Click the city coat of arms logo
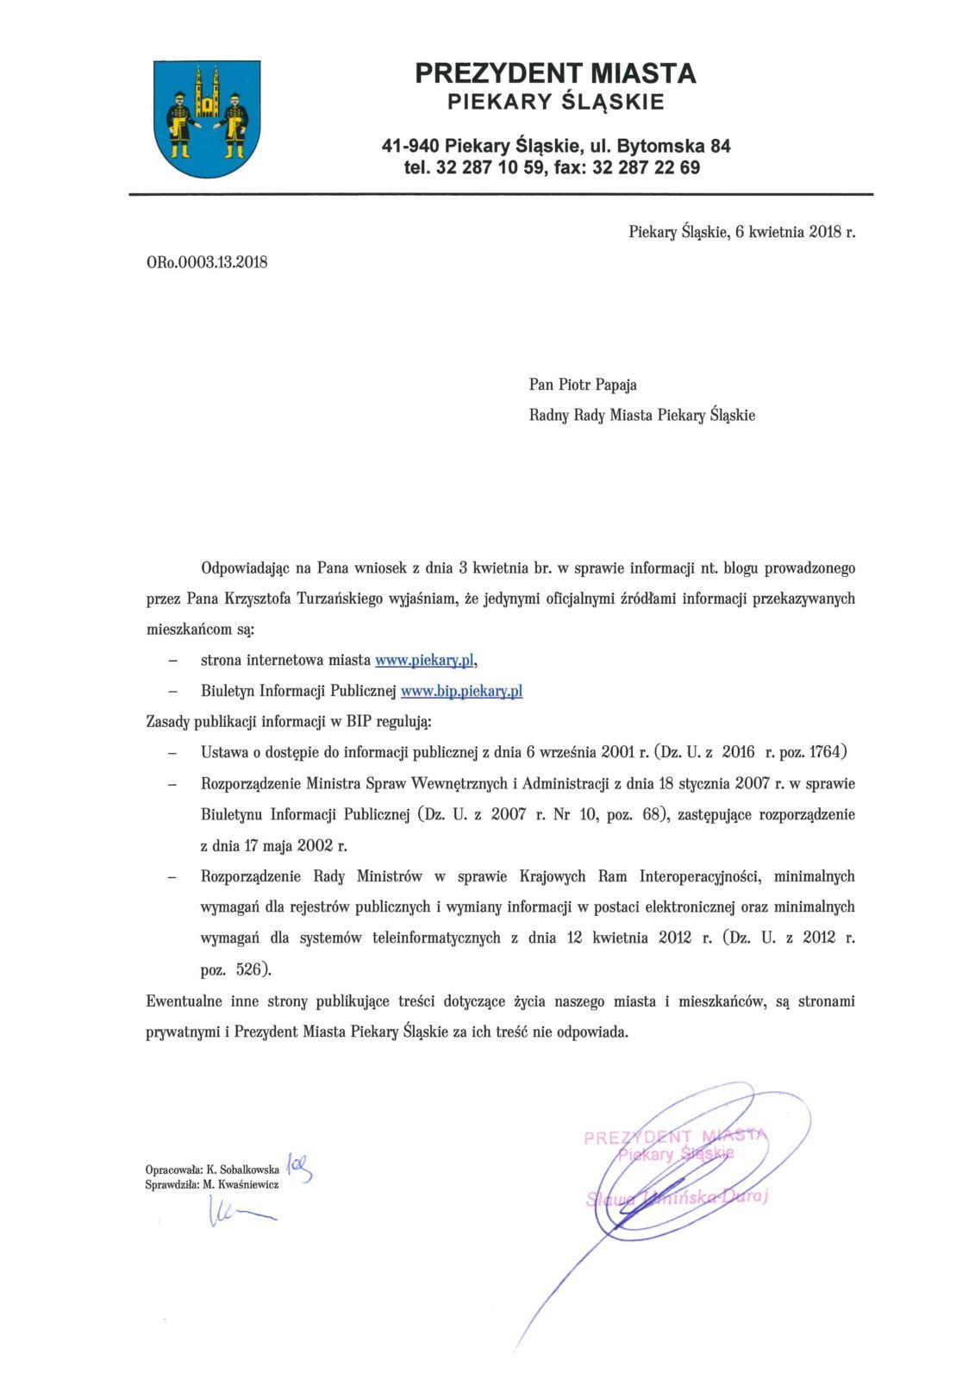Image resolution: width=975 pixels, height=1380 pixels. point(207,118)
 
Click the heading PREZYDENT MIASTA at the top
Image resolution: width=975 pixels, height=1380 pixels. point(555,73)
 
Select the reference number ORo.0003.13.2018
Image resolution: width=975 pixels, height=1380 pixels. point(207,262)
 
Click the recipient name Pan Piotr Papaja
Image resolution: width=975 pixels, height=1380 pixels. point(583,385)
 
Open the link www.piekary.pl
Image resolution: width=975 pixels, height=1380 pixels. point(424,660)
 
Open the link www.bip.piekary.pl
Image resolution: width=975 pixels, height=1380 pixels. point(461,691)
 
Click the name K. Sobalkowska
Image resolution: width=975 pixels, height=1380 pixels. point(243,1170)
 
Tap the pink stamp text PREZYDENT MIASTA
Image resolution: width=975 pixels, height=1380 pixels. point(674,1136)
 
